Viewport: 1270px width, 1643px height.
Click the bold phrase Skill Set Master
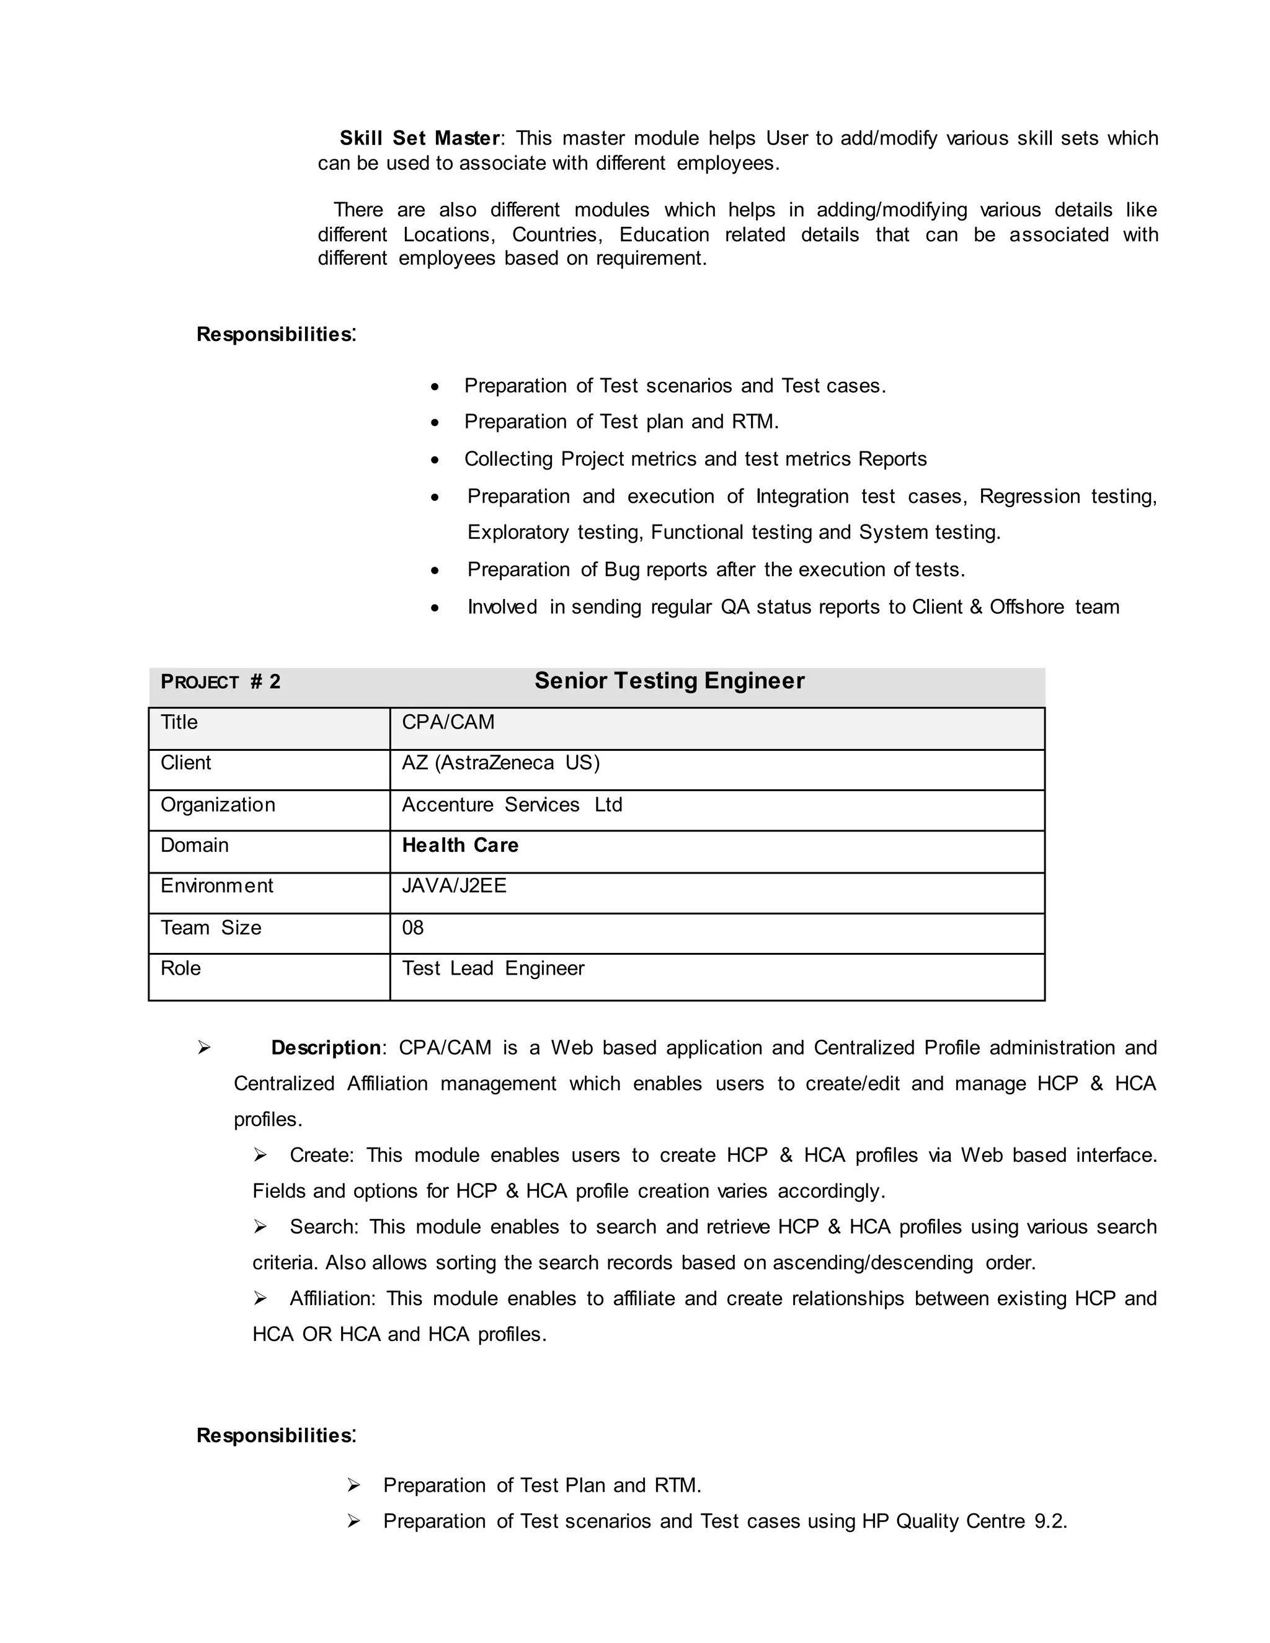[x=419, y=138]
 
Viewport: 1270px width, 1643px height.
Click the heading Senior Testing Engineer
[x=669, y=681]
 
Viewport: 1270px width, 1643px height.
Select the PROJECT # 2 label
[x=220, y=683]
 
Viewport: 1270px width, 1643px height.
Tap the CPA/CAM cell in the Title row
[x=448, y=722]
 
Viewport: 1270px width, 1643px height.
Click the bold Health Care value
[x=460, y=846]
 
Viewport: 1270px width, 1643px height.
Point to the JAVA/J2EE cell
[x=455, y=885]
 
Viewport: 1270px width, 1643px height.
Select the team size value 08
[x=413, y=928]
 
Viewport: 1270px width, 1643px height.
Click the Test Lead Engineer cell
[x=493, y=968]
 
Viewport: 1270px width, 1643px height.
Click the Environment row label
[x=216, y=885]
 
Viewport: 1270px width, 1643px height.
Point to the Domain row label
[x=194, y=846]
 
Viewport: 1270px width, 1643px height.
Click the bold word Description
[x=326, y=1048]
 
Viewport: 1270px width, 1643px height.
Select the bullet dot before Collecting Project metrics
[x=435, y=459]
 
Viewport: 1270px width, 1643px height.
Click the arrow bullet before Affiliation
[x=260, y=1298]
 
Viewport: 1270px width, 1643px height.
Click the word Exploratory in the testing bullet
[x=518, y=533]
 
